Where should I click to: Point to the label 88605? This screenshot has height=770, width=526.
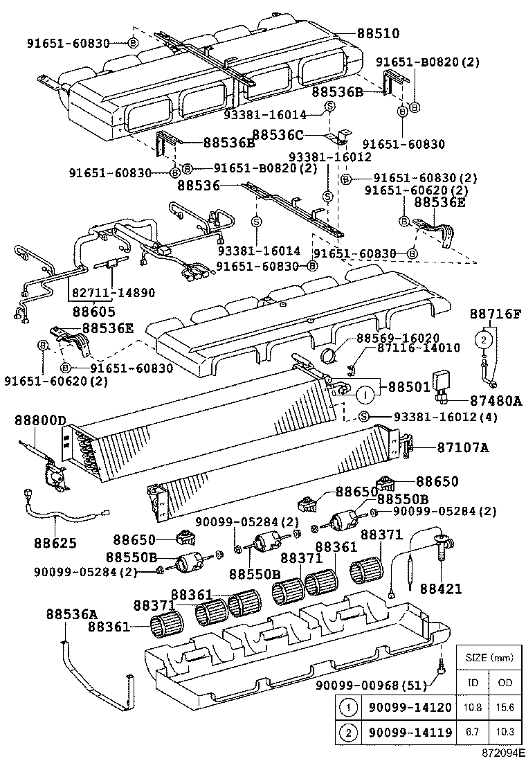pyautogui.click(x=94, y=312)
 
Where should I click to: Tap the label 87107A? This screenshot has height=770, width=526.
pyautogui.click(x=462, y=448)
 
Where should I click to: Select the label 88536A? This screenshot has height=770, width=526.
pyautogui.click(x=72, y=613)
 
